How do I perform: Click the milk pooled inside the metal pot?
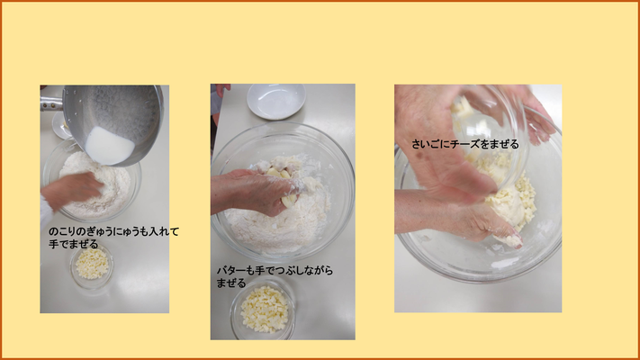pyautogui.click(x=110, y=146)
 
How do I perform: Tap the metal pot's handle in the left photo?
pyautogui.click(x=51, y=104)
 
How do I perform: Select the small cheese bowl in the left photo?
pyautogui.click(x=92, y=265)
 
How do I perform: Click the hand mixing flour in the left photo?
pyautogui.click(x=71, y=191)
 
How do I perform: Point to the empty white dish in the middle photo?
pyautogui.click(x=276, y=101)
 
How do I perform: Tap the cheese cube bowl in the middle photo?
pyautogui.click(x=263, y=309)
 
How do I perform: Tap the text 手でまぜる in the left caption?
pyautogui.click(x=74, y=244)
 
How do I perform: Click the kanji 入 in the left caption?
pyautogui.click(x=154, y=232)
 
